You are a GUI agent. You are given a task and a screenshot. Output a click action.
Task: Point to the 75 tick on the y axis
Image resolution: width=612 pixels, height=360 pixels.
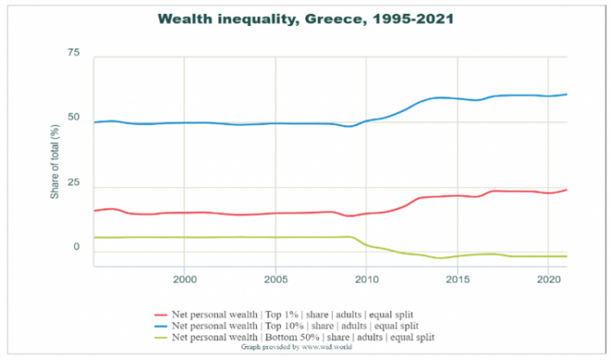[x=74, y=53]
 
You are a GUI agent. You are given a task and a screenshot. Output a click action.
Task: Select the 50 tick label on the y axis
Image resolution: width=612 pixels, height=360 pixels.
[x=74, y=118]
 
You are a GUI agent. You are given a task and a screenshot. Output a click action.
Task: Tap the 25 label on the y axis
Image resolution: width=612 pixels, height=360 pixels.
[x=74, y=182]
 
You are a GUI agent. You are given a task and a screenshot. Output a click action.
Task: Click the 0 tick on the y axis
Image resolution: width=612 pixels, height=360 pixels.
[x=78, y=247]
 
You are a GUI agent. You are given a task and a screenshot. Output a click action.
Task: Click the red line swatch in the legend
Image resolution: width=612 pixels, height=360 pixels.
[x=160, y=314]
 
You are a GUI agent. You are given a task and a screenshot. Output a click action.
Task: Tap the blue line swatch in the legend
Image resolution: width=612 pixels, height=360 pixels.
[x=160, y=326]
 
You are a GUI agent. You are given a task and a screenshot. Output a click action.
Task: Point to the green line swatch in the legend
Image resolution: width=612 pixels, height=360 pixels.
[x=160, y=337]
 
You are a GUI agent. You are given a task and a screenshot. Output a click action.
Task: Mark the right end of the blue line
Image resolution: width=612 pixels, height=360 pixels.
[x=567, y=95]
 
